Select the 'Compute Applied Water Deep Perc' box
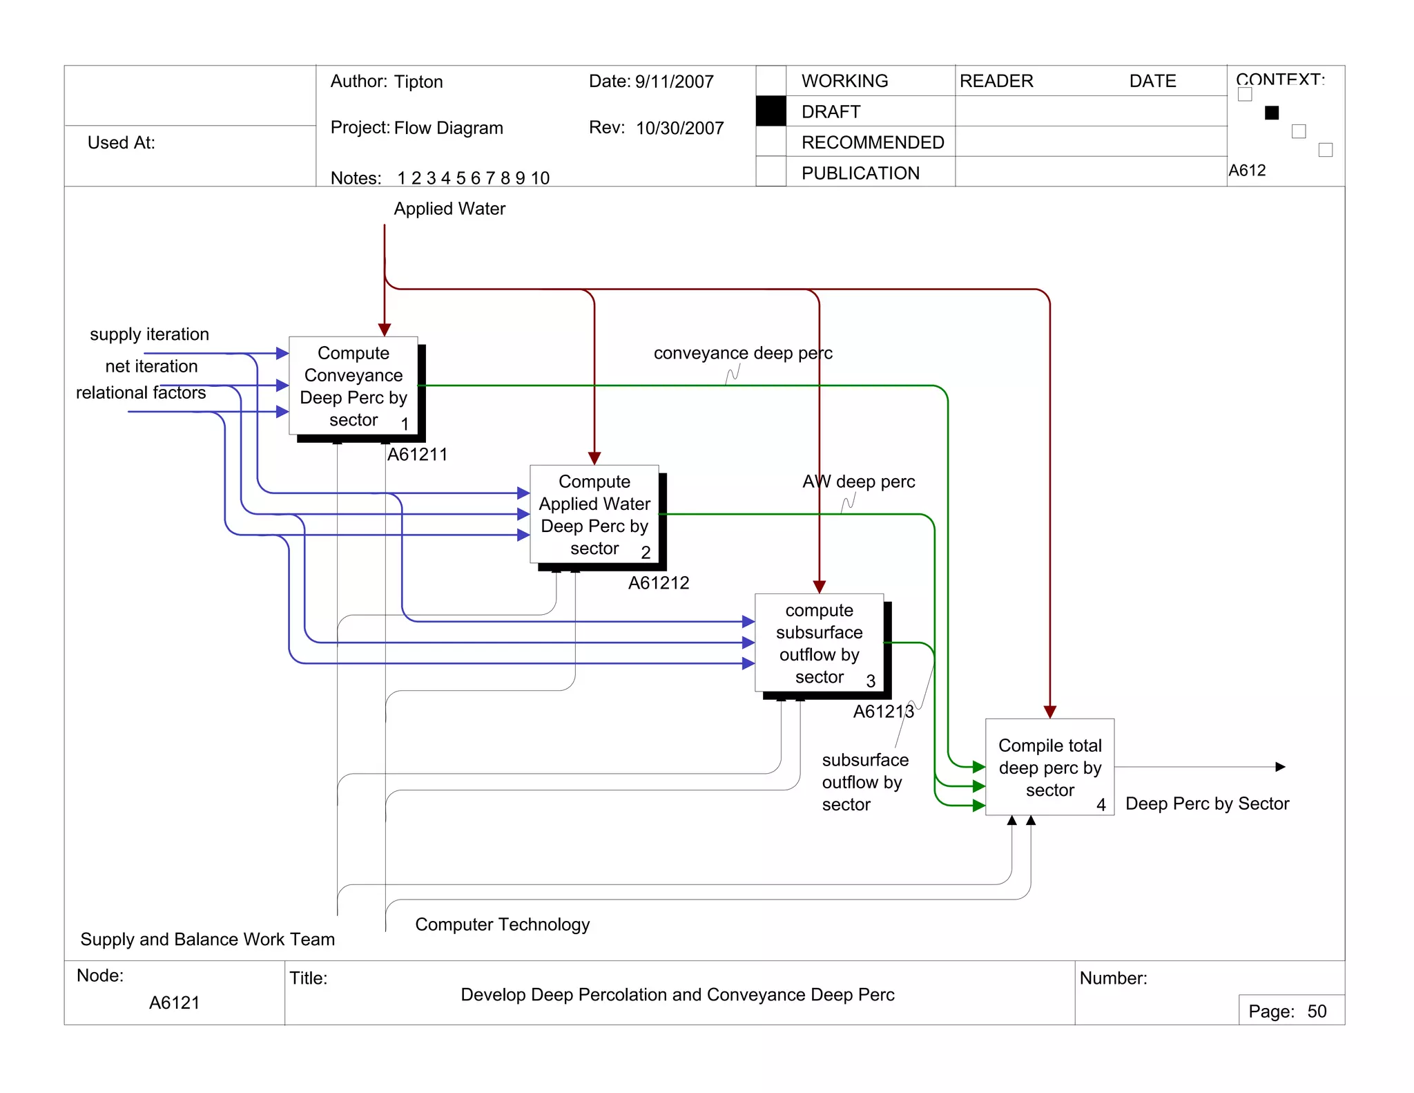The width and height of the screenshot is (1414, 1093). coord(594,514)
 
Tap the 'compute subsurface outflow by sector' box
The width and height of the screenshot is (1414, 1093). coord(819,643)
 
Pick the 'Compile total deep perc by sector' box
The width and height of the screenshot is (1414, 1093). coord(1049,767)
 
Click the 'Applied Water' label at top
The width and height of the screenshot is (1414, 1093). coord(449,209)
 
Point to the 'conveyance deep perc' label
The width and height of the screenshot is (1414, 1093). coord(743,353)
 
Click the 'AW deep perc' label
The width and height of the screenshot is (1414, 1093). coord(858,482)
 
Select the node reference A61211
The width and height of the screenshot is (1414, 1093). coord(417,455)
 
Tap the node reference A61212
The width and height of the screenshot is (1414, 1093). coord(658,583)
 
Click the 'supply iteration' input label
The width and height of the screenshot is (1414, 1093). coord(149,334)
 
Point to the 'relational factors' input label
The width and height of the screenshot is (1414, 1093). coord(141,392)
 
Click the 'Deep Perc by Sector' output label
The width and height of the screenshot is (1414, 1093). coord(1207,804)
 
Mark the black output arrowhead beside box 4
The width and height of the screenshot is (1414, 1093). coord(1280,767)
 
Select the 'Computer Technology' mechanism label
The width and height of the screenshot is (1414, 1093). coord(502,924)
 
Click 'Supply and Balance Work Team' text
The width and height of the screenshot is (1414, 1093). coord(207,940)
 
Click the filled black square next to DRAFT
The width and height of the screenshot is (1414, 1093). coord(771,111)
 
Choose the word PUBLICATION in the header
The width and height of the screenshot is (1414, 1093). coord(860,173)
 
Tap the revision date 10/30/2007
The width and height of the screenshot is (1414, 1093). coord(679,129)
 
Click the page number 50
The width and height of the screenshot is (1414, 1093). coord(1317,1011)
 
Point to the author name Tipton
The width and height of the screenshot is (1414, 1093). coord(418,82)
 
